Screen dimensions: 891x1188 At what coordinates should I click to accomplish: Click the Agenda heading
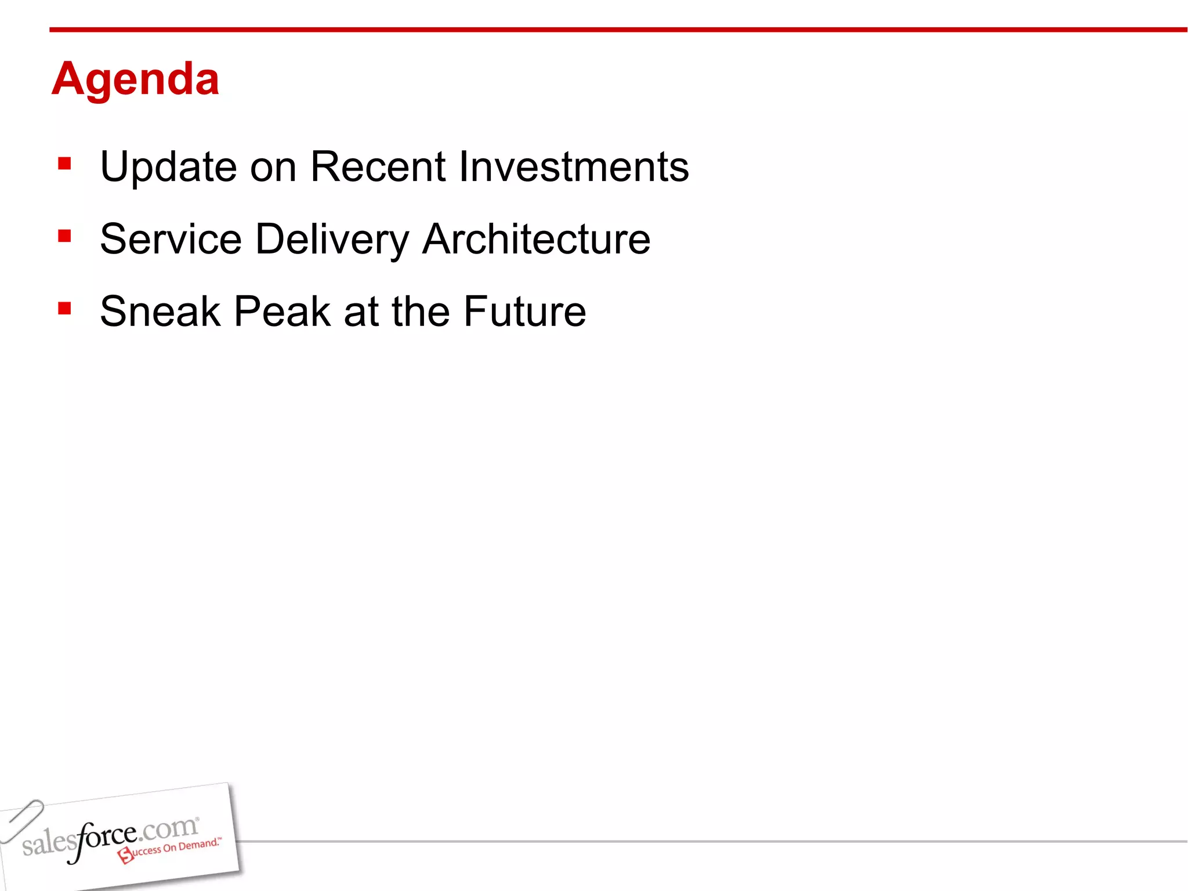click(x=135, y=79)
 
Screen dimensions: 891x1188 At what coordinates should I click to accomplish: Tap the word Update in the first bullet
click(x=168, y=168)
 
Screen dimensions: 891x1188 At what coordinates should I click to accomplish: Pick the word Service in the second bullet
click(x=171, y=239)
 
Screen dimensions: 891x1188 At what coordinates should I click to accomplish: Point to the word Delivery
click(x=332, y=240)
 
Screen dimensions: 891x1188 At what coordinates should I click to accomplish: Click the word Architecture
click(x=536, y=239)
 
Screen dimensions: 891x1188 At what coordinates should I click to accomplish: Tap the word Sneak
click(x=160, y=312)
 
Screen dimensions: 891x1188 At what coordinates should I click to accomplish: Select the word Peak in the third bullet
click(x=282, y=312)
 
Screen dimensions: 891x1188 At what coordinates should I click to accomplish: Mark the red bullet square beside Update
click(x=64, y=164)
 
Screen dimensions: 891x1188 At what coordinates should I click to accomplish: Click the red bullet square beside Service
click(x=64, y=236)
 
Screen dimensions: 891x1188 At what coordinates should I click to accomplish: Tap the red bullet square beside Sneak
click(x=64, y=308)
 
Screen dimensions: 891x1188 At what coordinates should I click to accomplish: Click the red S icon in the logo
click(x=125, y=854)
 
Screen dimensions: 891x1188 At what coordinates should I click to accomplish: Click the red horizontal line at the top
click(x=615, y=30)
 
